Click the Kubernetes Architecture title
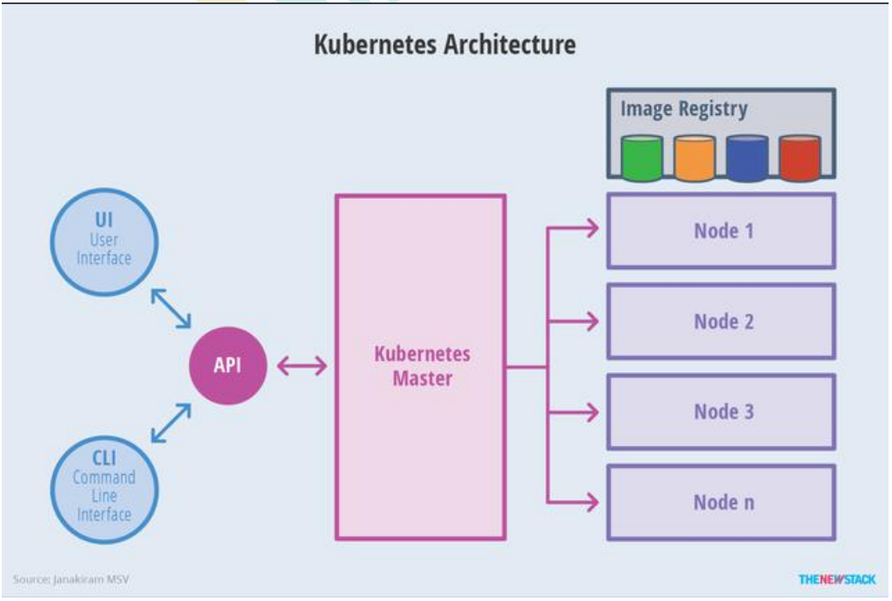tap(444, 45)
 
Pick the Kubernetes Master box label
tap(422, 365)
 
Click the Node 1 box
tap(721, 231)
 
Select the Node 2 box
tap(721, 322)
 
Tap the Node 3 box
tap(721, 412)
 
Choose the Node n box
tap(721, 502)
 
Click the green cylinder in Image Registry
tap(642, 159)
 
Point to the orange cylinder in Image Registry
tap(695, 159)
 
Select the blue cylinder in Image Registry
tap(747, 159)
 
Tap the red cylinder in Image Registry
tap(799, 159)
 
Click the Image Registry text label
tap(684, 110)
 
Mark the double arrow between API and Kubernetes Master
tap(301, 366)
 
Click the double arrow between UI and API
tap(171, 308)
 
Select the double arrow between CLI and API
tap(171, 424)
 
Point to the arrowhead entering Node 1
tap(591, 228)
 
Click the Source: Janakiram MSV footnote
tap(71, 580)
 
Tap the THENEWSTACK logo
tap(836, 580)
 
